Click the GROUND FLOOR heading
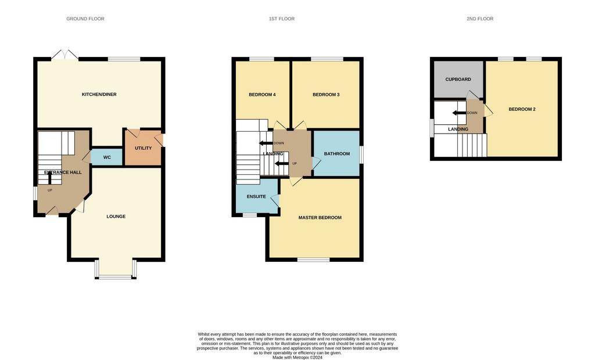tap(85, 19)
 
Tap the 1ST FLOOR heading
tap(282, 19)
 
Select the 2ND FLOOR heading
tap(480, 19)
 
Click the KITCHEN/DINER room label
tap(99, 95)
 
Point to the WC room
tap(107, 157)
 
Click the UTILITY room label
tap(143, 148)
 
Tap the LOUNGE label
tap(116, 217)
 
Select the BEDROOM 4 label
tap(262, 95)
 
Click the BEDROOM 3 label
tap(326, 95)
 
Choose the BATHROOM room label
tap(337, 154)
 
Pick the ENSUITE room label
tap(256, 197)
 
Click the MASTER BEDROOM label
tap(320, 218)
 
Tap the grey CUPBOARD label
tap(458, 80)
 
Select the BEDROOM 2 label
tap(522, 109)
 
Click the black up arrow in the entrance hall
tap(50, 177)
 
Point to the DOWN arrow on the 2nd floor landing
tap(459, 113)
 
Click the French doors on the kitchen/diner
tap(64, 55)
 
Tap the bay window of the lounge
tap(116, 270)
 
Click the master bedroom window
tap(313, 260)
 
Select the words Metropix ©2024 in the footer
tap(309, 357)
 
